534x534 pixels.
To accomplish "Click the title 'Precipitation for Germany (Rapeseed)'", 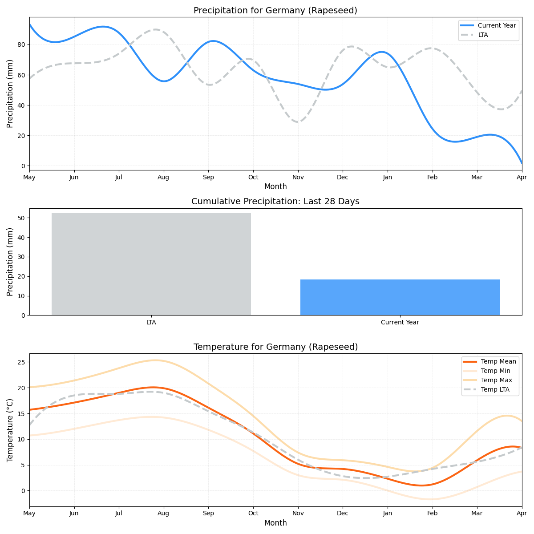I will click(275, 11).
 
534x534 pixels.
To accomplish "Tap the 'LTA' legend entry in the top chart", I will click(483, 35).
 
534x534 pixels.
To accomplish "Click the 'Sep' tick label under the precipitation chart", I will click(208, 178).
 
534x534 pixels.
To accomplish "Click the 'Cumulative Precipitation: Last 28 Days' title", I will click(275, 202).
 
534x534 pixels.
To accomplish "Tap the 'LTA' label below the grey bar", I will click(151, 323).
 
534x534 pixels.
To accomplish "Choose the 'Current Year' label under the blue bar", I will click(400, 323).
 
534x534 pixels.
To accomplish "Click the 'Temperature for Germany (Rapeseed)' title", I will click(275, 347).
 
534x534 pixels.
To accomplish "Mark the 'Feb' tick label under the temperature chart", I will click(432, 514).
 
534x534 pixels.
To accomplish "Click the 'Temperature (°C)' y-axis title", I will click(10, 430).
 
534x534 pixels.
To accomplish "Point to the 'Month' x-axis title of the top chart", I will click(275, 187).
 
